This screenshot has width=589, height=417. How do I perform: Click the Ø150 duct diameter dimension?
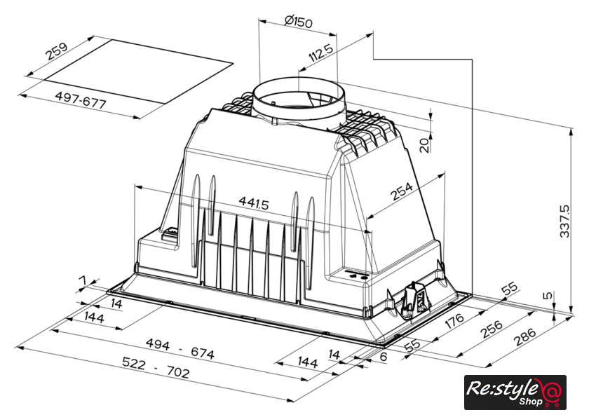298,22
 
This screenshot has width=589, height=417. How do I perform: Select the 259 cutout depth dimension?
57,51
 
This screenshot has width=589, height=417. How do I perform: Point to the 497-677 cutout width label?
81,100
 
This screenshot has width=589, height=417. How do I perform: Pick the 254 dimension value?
402,191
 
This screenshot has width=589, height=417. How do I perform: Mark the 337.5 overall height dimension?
564,221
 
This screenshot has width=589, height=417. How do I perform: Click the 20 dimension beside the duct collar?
424,145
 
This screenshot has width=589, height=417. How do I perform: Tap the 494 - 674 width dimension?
180,348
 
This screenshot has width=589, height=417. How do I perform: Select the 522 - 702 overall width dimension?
156,367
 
